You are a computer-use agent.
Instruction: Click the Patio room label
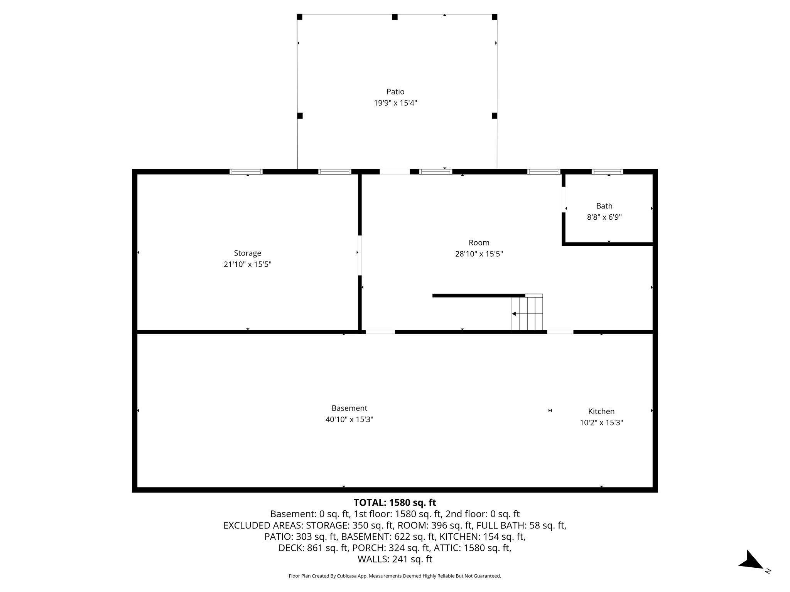tap(395, 92)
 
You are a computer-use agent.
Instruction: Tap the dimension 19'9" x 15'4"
tap(395, 103)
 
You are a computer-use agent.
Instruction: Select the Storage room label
tap(247, 253)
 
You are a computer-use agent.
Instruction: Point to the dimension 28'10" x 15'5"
tap(479, 254)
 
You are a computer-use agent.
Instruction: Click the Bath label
tap(604, 206)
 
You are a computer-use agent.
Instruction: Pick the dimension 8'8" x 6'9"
tap(604, 217)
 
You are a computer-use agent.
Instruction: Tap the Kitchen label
tap(601, 411)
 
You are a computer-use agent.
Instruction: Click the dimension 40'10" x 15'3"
tap(349, 419)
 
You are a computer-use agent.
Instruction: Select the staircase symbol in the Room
tap(527, 313)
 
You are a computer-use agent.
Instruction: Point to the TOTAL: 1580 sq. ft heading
tap(395, 503)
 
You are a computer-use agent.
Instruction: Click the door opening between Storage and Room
tap(360, 255)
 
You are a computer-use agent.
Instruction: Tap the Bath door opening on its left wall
tap(564, 199)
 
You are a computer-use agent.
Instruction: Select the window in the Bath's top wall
tap(607, 172)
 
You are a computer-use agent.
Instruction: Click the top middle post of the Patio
tap(395, 17)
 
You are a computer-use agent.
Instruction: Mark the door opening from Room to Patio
tap(395, 172)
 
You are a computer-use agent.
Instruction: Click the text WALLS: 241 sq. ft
tap(395, 559)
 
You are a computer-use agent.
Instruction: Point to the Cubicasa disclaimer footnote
tap(395, 576)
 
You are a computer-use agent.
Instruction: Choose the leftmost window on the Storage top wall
tap(246, 172)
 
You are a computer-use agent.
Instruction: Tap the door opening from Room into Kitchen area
tap(560, 331)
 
